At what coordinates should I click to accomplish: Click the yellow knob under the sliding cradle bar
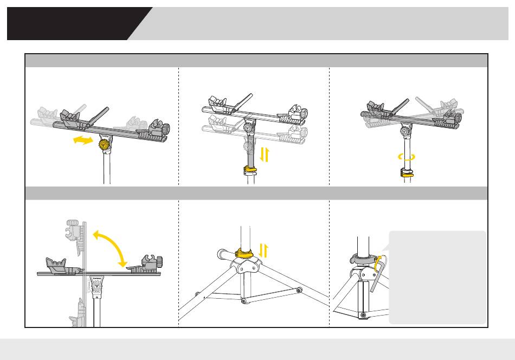click(x=105, y=145)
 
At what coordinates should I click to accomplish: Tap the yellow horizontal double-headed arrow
click(x=82, y=140)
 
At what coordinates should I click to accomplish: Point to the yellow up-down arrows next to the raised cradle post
click(x=265, y=155)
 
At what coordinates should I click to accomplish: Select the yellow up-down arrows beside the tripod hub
click(x=265, y=250)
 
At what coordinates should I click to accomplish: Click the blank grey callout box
click(x=437, y=277)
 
